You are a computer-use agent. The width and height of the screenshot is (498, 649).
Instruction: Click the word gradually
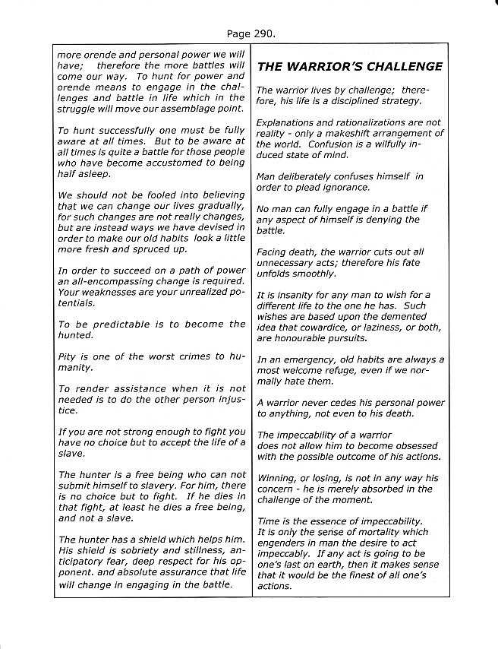coord(218,206)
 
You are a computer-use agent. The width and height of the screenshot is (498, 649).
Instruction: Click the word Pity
coord(69,356)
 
